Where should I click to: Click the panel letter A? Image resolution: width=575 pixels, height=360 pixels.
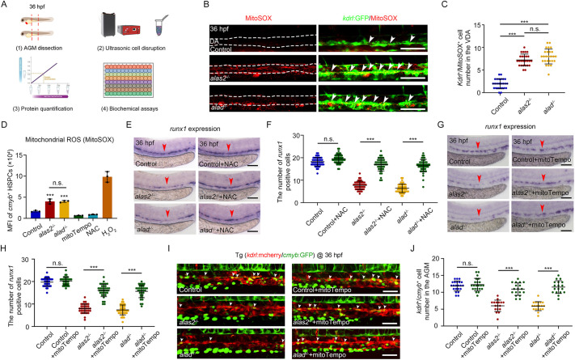[5, 6]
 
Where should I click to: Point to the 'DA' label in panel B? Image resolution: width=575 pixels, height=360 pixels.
[209, 36]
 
